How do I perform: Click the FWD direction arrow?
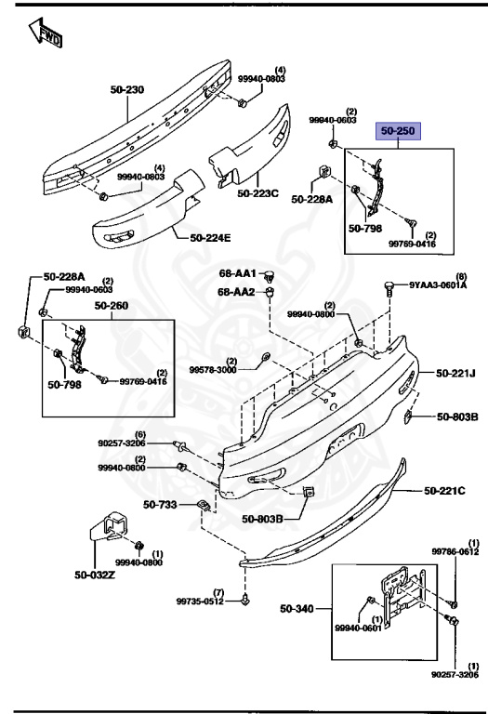tap(45, 34)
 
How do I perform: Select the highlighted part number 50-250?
tap(399, 131)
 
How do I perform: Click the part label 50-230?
tap(127, 89)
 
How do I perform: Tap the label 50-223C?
tap(257, 193)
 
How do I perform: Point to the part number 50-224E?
tap(210, 238)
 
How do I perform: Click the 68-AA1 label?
tap(237, 274)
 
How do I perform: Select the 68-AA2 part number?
tap(237, 292)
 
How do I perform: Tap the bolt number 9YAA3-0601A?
tap(438, 285)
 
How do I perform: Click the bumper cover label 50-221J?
tap(455, 374)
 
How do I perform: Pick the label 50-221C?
tap(444, 490)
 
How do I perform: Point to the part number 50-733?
tap(160, 505)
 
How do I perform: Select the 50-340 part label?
tap(297, 609)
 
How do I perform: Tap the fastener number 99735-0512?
tap(201, 602)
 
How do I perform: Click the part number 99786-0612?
tap(455, 551)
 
